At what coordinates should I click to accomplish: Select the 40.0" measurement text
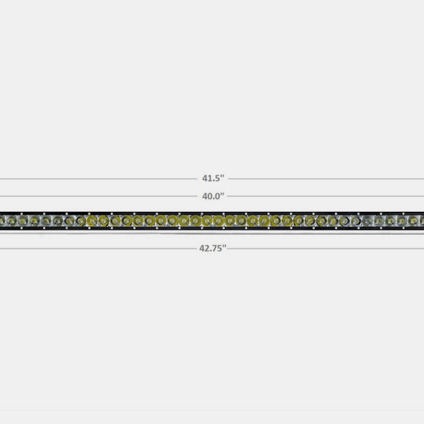tap(213, 196)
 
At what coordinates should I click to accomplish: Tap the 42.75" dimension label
tap(213, 248)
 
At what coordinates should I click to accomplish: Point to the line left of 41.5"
tap(99, 179)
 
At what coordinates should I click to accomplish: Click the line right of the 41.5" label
tap(325, 179)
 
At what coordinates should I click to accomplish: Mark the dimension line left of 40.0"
tap(99, 196)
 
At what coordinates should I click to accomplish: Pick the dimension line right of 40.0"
tap(325, 196)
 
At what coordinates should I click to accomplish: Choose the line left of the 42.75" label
tap(99, 247)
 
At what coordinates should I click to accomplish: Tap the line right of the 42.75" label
tap(325, 247)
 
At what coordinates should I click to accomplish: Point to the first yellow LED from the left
tap(91, 222)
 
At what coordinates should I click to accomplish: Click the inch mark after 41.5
tap(223, 177)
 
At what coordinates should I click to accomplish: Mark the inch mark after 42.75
tap(225, 247)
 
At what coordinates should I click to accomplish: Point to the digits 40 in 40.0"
tap(206, 196)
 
